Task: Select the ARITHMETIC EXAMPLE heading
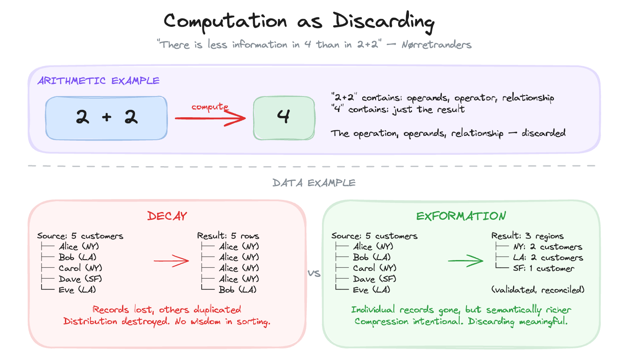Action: click(98, 80)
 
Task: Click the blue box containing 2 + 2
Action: click(106, 118)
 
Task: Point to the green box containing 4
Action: click(283, 118)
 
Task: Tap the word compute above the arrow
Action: click(209, 107)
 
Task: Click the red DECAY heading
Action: click(167, 216)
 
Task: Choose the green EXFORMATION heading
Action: click(461, 216)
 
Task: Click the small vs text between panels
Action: click(314, 273)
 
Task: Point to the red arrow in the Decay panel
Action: click(171, 261)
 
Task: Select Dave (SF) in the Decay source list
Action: click(80, 279)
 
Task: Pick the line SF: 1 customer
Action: click(544, 269)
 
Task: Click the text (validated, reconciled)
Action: click(538, 290)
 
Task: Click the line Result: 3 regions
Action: click(527, 236)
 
